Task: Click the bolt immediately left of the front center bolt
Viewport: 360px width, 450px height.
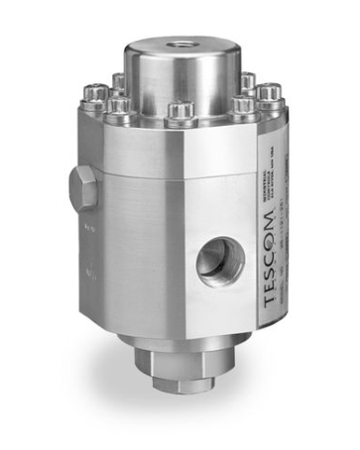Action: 125,103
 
